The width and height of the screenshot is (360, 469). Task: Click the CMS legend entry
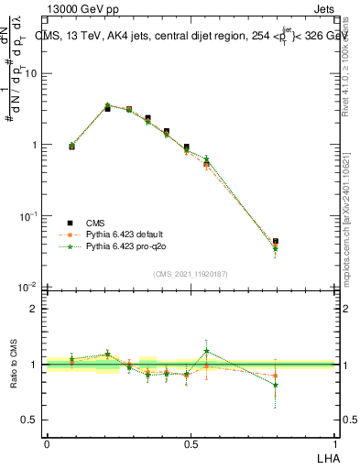click(x=94, y=223)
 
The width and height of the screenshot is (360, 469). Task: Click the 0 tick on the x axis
click(x=46, y=443)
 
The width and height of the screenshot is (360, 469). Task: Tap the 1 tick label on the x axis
click(x=334, y=443)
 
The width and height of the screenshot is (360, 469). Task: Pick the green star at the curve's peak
click(x=107, y=105)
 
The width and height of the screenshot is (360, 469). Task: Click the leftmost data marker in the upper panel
click(x=71, y=146)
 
